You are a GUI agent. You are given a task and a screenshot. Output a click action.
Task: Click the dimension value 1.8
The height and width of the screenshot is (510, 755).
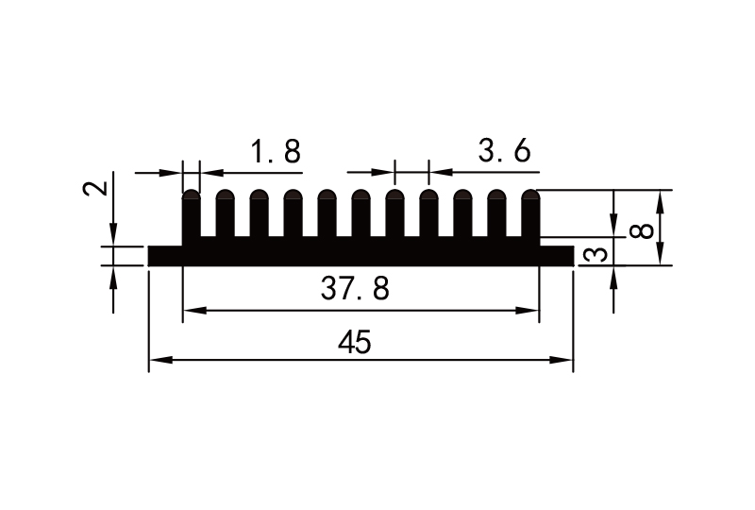point(276,151)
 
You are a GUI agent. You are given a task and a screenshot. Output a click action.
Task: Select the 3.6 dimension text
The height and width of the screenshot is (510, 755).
point(505,151)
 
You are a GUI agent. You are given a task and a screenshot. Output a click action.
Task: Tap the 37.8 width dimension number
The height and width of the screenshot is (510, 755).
point(355,290)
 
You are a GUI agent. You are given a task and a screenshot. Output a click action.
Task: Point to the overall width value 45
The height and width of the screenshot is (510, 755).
point(355,343)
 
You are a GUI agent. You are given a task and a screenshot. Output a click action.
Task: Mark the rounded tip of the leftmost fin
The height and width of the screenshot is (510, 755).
point(191,195)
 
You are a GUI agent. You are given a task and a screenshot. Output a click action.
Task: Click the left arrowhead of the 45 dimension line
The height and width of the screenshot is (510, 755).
point(156,360)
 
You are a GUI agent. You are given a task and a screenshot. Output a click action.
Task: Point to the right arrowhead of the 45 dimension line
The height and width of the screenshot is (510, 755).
point(567,360)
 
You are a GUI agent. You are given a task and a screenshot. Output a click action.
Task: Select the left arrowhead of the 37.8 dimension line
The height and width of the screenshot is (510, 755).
point(190,310)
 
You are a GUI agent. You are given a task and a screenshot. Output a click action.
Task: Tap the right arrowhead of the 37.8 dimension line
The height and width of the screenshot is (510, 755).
point(532,310)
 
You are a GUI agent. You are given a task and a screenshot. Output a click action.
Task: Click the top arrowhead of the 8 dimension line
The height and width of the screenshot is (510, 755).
point(658,195)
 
